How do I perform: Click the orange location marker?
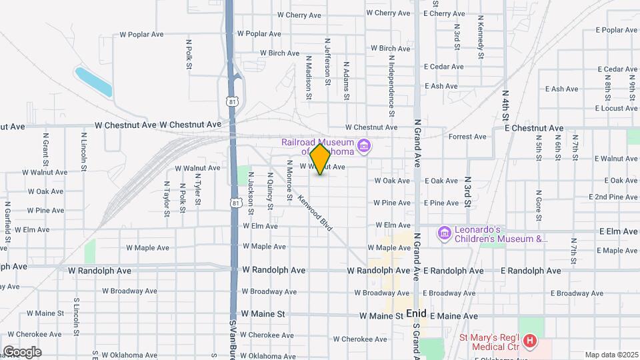click(321, 159)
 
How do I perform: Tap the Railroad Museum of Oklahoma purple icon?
click(364, 145)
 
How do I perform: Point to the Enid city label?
click(416, 313)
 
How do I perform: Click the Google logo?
click(22, 352)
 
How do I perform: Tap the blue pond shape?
click(93, 82)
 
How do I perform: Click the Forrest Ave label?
click(467, 137)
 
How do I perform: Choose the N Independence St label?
click(392, 83)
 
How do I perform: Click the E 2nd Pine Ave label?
click(613, 197)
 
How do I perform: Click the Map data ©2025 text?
click(611, 355)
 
